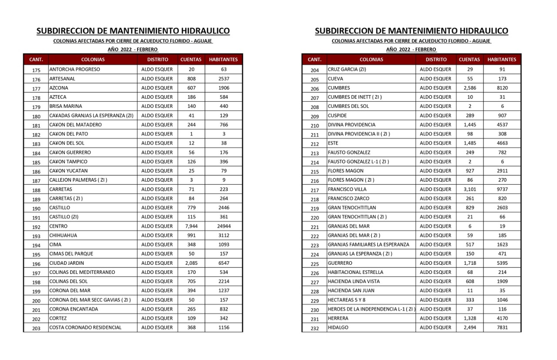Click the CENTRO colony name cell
58,226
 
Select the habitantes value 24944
224,226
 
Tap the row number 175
36,70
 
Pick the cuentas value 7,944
191,226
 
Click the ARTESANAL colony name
62,79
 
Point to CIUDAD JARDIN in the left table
67,263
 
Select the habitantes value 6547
224,263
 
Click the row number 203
36,328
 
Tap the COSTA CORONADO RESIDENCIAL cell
85,327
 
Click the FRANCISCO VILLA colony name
347,189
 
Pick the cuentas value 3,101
470,189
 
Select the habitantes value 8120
502,88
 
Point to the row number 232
315,328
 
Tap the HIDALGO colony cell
338,327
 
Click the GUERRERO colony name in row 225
340,263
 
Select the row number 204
315,70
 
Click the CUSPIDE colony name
337,116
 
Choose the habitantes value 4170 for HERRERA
502,318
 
